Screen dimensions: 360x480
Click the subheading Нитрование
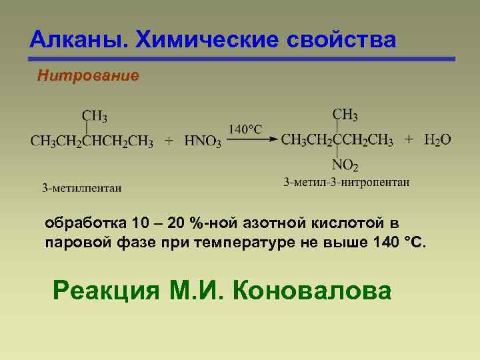tap(88, 76)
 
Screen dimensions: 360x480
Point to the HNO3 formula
tap(203, 141)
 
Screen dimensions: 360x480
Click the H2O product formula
tap(438, 140)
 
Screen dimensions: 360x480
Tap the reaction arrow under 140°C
tap(252, 139)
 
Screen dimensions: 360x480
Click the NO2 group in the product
tap(345, 165)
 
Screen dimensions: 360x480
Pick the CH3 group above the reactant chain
tap(95, 117)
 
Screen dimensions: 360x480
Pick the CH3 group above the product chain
tap(345, 115)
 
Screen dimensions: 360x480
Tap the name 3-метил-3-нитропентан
tap(347, 181)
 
